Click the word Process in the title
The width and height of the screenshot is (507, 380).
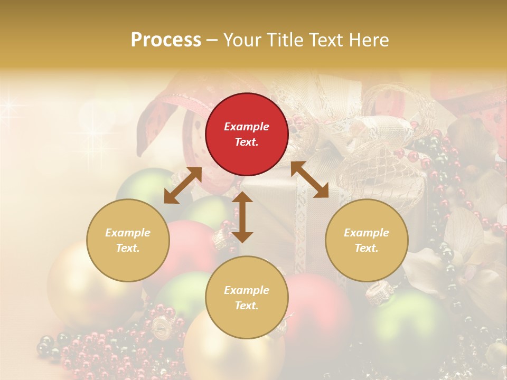166,40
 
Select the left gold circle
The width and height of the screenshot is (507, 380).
128,240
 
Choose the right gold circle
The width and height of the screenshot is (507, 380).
367,240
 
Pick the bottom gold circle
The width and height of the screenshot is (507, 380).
247,298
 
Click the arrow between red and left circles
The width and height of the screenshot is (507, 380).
183,185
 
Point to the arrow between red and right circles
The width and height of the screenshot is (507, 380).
309,179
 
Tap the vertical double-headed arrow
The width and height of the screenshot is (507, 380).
242,217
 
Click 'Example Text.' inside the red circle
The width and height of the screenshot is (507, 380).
247,134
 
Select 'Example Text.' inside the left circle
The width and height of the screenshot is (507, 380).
128,240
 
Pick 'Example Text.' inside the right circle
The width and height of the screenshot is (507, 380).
367,240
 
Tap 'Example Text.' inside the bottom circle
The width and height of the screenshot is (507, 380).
247,298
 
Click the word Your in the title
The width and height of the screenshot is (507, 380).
240,40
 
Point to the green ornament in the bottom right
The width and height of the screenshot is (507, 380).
407,322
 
